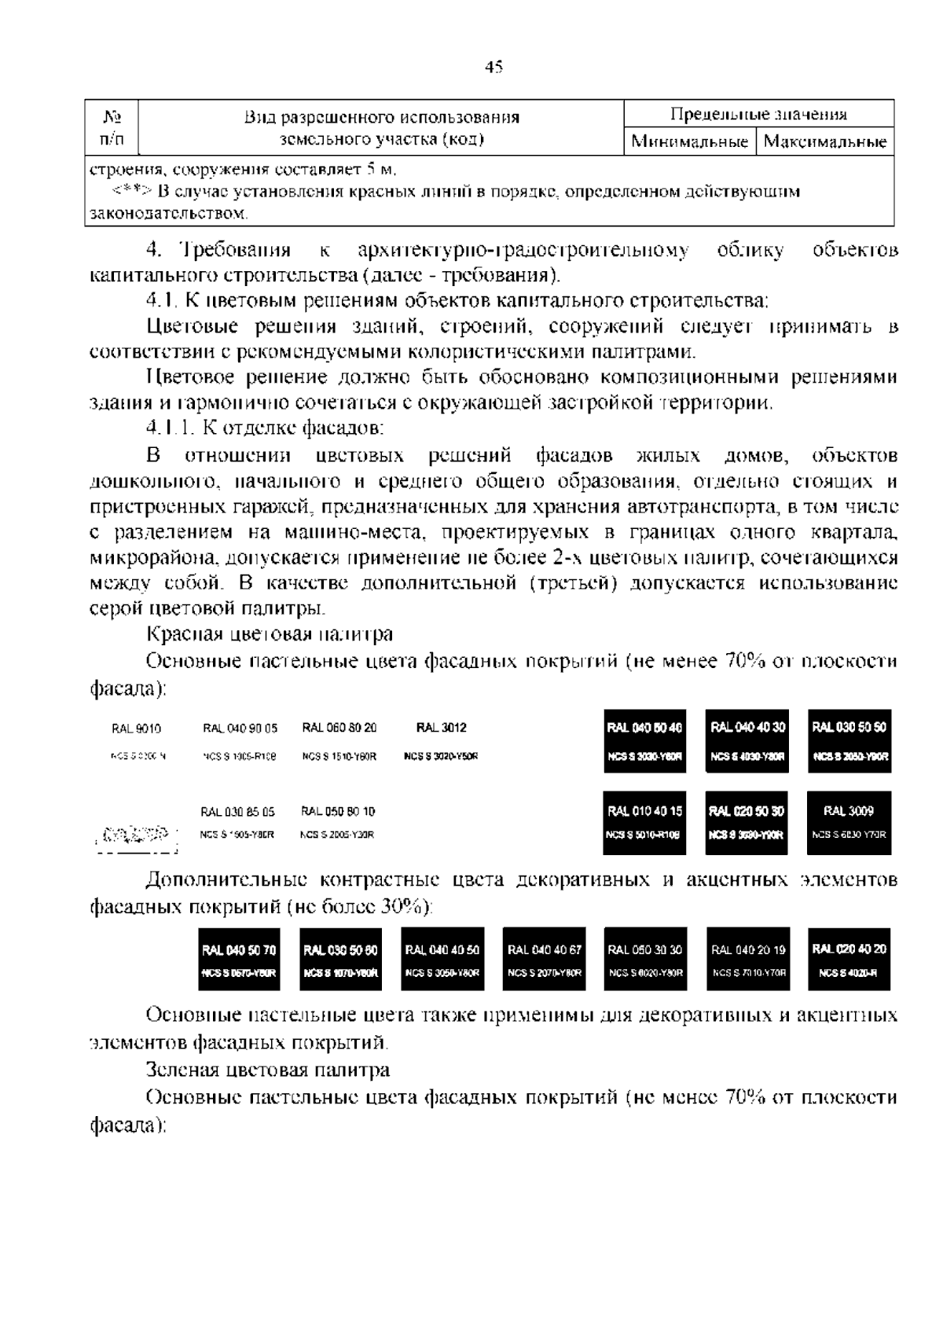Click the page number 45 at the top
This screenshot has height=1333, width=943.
pyautogui.click(x=493, y=67)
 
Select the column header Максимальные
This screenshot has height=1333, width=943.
pyautogui.click(x=825, y=142)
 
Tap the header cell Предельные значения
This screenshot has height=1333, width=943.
pyautogui.click(x=758, y=115)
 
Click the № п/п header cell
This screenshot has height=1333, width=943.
pyautogui.click(x=112, y=128)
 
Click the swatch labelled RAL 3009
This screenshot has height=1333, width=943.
pyautogui.click(x=849, y=822)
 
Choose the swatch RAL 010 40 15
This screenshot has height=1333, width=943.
pyautogui.click(x=644, y=822)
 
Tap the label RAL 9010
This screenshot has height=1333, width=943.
pyautogui.click(x=137, y=729)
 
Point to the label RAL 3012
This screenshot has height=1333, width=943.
pyautogui.click(x=441, y=728)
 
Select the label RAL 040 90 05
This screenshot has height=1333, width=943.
pyautogui.click(x=240, y=729)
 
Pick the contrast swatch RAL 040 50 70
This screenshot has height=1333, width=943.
pyautogui.click(x=239, y=959)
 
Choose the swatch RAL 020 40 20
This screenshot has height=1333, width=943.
pyautogui.click(x=849, y=959)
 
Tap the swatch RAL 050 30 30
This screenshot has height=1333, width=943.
pyautogui.click(x=645, y=959)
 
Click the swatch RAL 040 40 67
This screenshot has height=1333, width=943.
pyautogui.click(x=544, y=959)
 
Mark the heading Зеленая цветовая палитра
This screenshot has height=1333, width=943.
pyautogui.click(x=268, y=1070)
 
